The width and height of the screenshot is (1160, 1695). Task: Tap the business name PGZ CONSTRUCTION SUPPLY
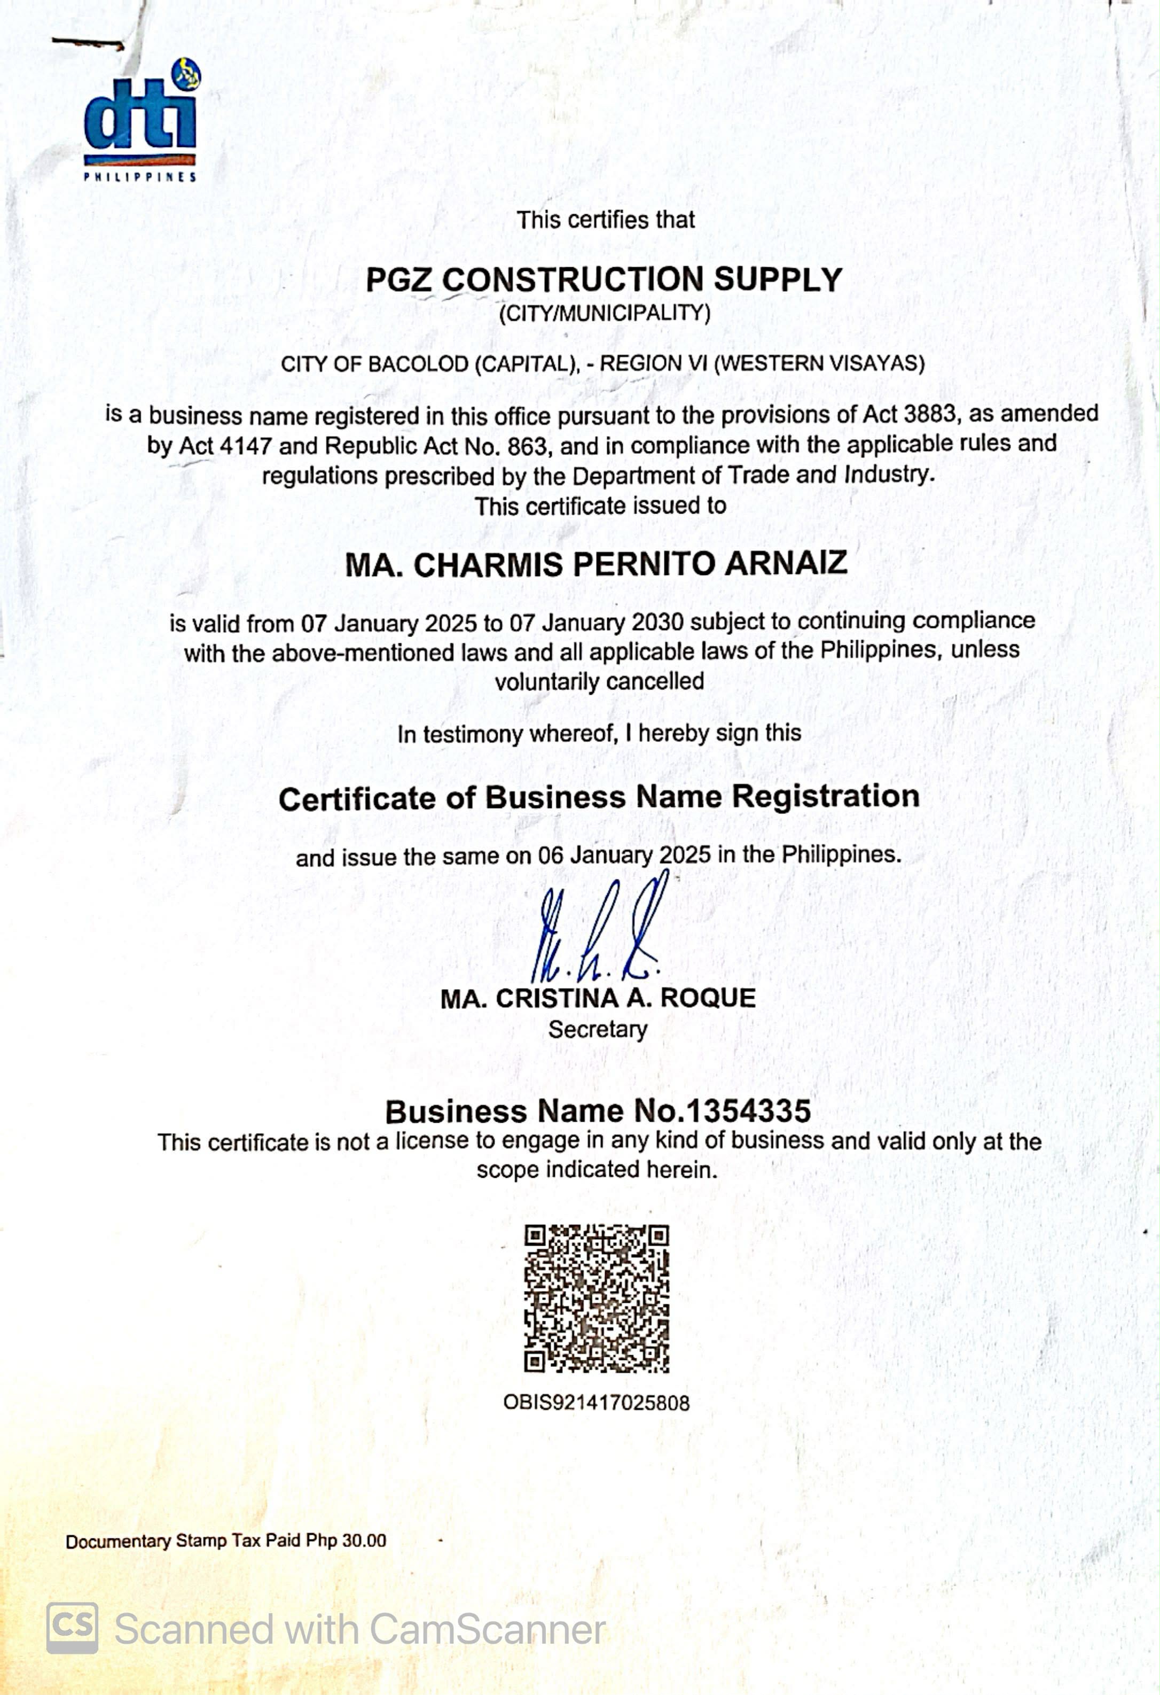603,280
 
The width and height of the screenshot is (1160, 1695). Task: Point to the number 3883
928,414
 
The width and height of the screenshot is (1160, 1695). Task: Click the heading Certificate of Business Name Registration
599,797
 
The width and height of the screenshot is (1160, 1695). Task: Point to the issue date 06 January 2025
624,855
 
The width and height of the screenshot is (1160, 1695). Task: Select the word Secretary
598,1030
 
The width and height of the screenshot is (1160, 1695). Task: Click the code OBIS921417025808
597,1403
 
